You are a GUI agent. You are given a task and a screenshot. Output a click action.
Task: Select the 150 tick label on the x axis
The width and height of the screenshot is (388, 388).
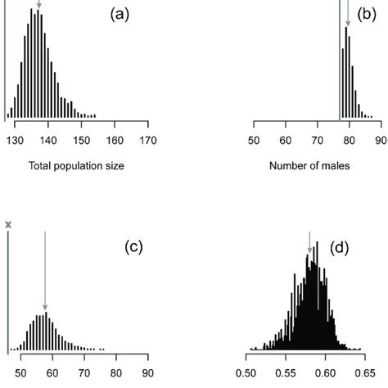[x=81, y=139]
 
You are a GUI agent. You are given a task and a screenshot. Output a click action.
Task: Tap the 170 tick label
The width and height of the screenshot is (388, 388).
[x=147, y=139]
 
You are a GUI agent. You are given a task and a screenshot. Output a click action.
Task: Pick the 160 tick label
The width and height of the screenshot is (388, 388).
[x=115, y=139]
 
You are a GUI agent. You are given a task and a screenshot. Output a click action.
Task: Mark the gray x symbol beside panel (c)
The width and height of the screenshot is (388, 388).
[x=8, y=223]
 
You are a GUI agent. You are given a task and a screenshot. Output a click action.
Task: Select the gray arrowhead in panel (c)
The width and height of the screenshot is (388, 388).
[x=46, y=309]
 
